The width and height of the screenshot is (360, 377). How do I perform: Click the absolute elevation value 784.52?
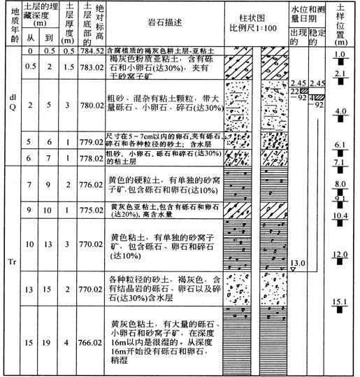(x=93, y=51)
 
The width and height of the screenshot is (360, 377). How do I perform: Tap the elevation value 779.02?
(x=93, y=141)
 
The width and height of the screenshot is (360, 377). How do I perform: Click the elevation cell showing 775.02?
(x=93, y=208)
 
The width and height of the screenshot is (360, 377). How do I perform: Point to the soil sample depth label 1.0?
(x=340, y=55)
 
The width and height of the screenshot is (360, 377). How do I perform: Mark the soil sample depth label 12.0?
(x=340, y=254)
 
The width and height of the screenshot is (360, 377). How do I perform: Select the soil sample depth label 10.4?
(x=340, y=215)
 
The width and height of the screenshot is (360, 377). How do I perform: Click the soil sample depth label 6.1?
(x=340, y=145)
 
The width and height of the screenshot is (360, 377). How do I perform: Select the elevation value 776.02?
(x=93, y=184)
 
